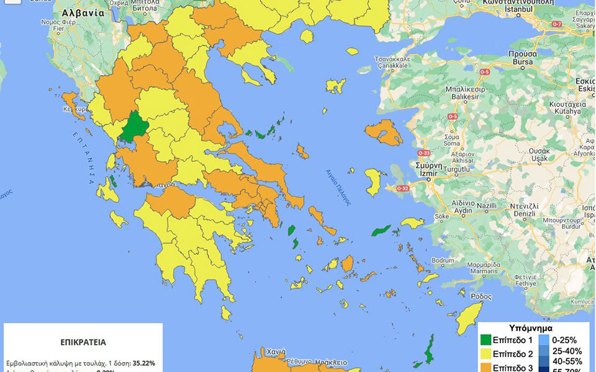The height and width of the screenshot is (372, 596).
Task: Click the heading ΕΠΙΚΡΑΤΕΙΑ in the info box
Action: (83, 342)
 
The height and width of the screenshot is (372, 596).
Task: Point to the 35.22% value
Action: (143, 363)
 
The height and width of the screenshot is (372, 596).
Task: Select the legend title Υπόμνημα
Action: (530, 328)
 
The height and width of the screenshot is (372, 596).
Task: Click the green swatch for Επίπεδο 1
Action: (485, 340)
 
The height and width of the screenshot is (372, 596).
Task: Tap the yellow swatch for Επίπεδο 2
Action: (485, 355)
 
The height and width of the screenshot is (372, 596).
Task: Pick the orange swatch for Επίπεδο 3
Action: (485, 368)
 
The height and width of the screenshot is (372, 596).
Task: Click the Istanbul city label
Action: (518, 11)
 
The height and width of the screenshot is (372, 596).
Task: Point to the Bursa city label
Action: (517, 63)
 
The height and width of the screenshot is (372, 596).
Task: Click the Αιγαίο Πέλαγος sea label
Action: (339, 187)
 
